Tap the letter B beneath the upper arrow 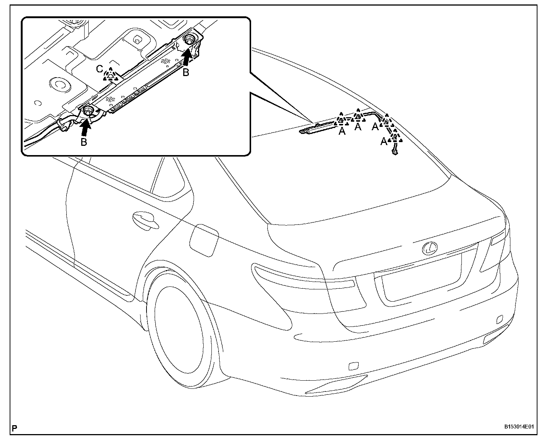point(186,73)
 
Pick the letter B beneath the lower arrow point(84,142)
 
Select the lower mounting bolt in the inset point(88,111)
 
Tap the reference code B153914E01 point(519,427)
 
